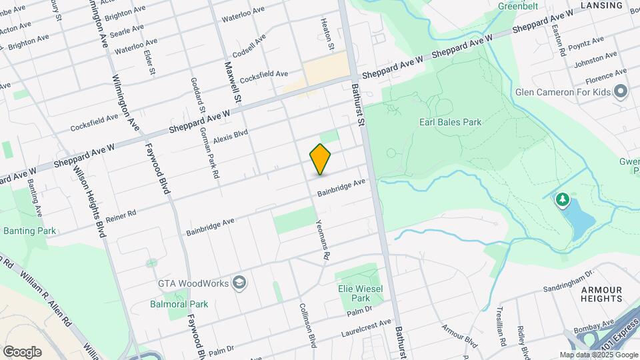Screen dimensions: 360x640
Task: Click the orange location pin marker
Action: click(x=320, y=159)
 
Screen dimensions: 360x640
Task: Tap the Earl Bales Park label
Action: click(x=450, y=122)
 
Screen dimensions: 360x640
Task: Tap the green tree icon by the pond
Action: click(x=563, y=199)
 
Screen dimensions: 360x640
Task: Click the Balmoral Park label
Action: click(x=179, y=304)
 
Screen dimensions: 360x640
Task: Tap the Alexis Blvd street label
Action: click(x=231, y=136)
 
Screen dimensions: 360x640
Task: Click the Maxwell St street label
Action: click(x=231, y=81)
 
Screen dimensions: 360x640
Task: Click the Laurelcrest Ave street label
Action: click(x=366, y=325)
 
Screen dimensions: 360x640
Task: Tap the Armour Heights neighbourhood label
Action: click(x=601, y=294)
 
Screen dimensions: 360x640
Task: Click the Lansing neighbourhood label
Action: click(x=601, y=5)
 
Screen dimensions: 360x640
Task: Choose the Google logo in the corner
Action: click(x=22, y=351)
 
